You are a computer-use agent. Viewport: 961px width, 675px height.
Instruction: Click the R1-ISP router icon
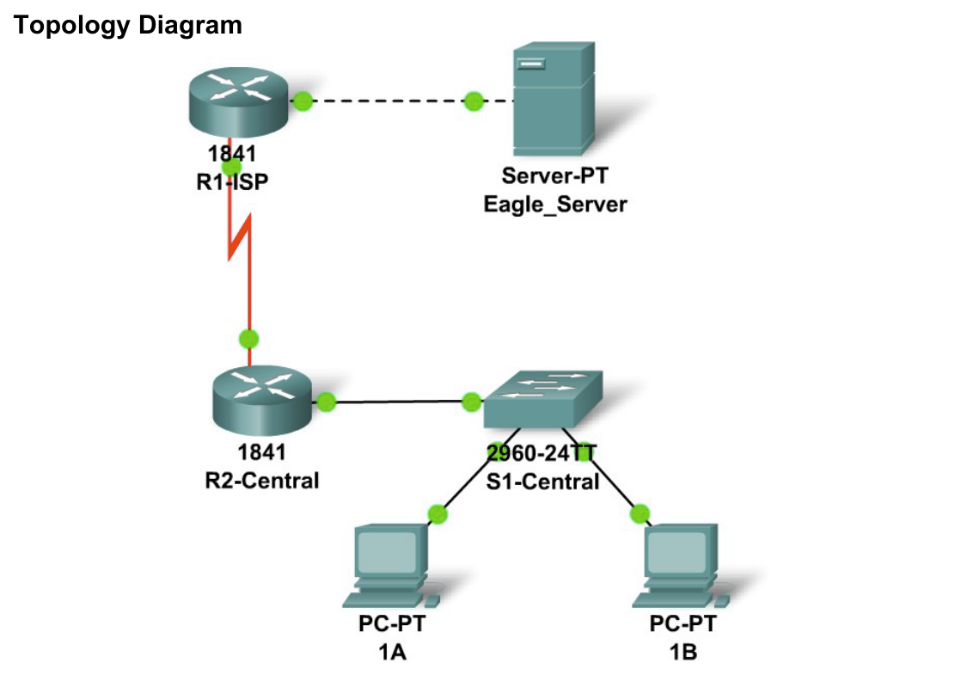point(239,102)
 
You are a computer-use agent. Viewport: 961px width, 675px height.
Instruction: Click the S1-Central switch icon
point(542,400)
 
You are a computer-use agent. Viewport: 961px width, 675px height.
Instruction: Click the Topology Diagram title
point(128,26)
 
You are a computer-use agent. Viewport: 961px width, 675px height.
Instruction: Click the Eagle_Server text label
point(554,204)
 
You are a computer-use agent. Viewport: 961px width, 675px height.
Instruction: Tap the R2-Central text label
point(261,479)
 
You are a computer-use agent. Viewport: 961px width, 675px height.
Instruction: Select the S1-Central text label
point(542,481)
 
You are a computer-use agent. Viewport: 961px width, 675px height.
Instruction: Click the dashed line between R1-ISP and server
point(387,101)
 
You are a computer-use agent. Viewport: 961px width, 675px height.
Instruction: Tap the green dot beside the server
point(473,101)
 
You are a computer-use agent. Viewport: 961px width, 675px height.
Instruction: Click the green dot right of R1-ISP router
point(302,101)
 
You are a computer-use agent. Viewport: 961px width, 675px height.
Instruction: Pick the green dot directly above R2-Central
point(249,339)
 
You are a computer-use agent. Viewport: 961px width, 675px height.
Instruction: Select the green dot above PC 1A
point(438,514)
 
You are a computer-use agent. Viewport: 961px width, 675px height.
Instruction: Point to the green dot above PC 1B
point(640,514)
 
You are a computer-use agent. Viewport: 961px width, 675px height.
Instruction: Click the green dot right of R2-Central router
point(326,402)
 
